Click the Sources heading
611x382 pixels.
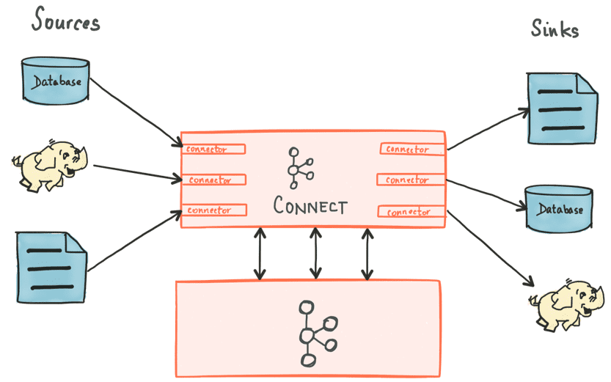point(65,22)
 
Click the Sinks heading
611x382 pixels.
point(555,29)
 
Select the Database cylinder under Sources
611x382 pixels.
point(55,80)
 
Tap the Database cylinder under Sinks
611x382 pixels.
point(559,208)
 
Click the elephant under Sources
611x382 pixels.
point(48,165)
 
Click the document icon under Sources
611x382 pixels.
point(51,263)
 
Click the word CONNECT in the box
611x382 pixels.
point(310,205)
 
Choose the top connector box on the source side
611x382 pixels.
point(213,149)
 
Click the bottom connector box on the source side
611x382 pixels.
point(213,210)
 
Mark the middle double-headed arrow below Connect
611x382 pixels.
point(315,253)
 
